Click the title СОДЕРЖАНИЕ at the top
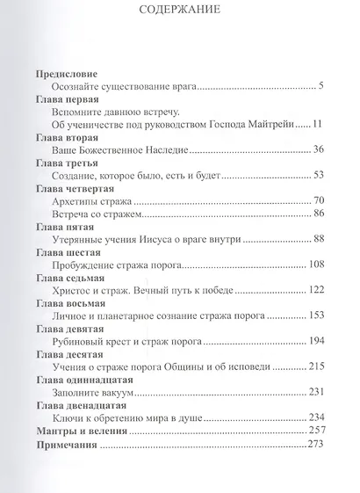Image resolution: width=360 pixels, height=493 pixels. (x=180, y=11)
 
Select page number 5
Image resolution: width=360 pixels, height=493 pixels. (x=321, y=86)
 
